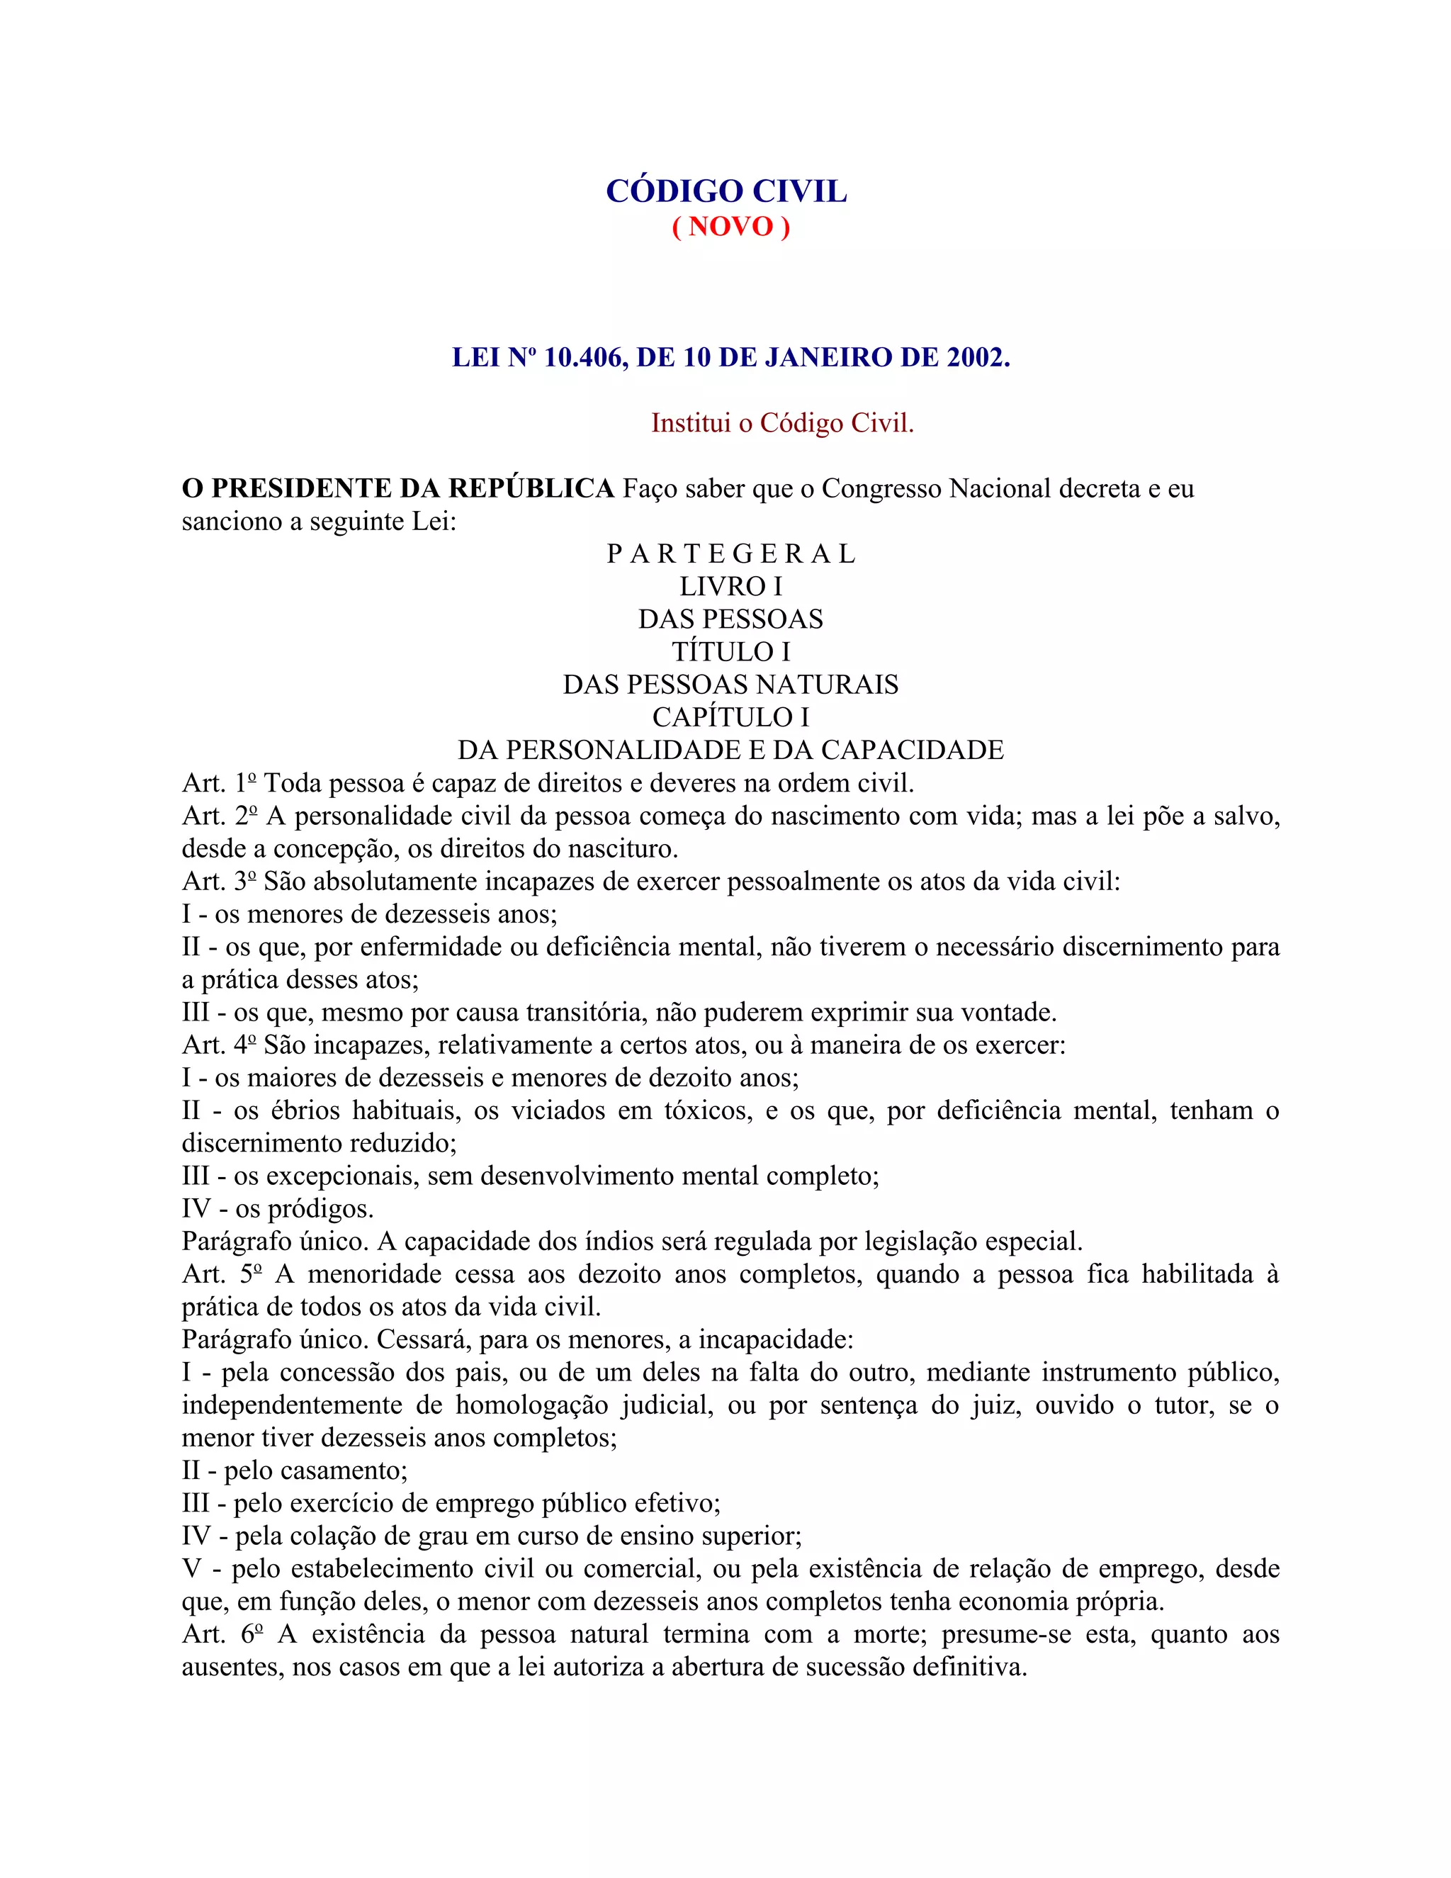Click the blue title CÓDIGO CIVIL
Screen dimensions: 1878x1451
click(x=726, y=191)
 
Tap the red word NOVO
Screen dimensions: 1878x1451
click(x=730, y=226)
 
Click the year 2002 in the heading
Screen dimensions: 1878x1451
click(x=975, y=357)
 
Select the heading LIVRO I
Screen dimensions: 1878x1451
click(x=730, y=587)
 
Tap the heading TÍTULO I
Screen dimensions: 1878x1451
click(x=730, y=652)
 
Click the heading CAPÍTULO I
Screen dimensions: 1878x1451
click(x=730, y=717)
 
